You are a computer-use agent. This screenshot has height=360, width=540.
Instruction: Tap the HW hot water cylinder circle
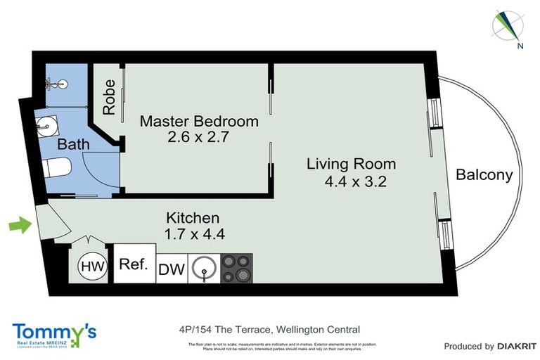[x=89, y=266]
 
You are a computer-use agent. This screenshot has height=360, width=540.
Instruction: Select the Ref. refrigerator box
[x=134, y=264]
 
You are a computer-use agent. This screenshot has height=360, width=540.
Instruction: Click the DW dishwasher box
[x=172, y=269]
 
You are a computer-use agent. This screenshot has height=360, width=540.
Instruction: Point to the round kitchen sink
[x=204, y=268]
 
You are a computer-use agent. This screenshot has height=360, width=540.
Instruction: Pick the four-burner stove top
[x=236, y=268]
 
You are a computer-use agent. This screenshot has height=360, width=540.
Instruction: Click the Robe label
[x=109, y=98]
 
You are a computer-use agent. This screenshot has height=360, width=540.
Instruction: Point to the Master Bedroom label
[x=199, y=121]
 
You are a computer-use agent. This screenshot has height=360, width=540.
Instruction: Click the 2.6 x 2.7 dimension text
[x=199, y=137]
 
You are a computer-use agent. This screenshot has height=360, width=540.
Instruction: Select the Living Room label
[x=351, y=165]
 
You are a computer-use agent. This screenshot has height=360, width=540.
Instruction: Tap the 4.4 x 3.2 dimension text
[x=356, y=181]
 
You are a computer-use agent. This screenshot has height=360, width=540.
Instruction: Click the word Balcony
[x=484, y=175]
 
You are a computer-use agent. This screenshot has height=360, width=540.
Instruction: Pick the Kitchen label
[x=193, y=218]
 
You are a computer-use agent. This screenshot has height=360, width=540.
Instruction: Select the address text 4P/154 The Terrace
[x=223, y=329]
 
